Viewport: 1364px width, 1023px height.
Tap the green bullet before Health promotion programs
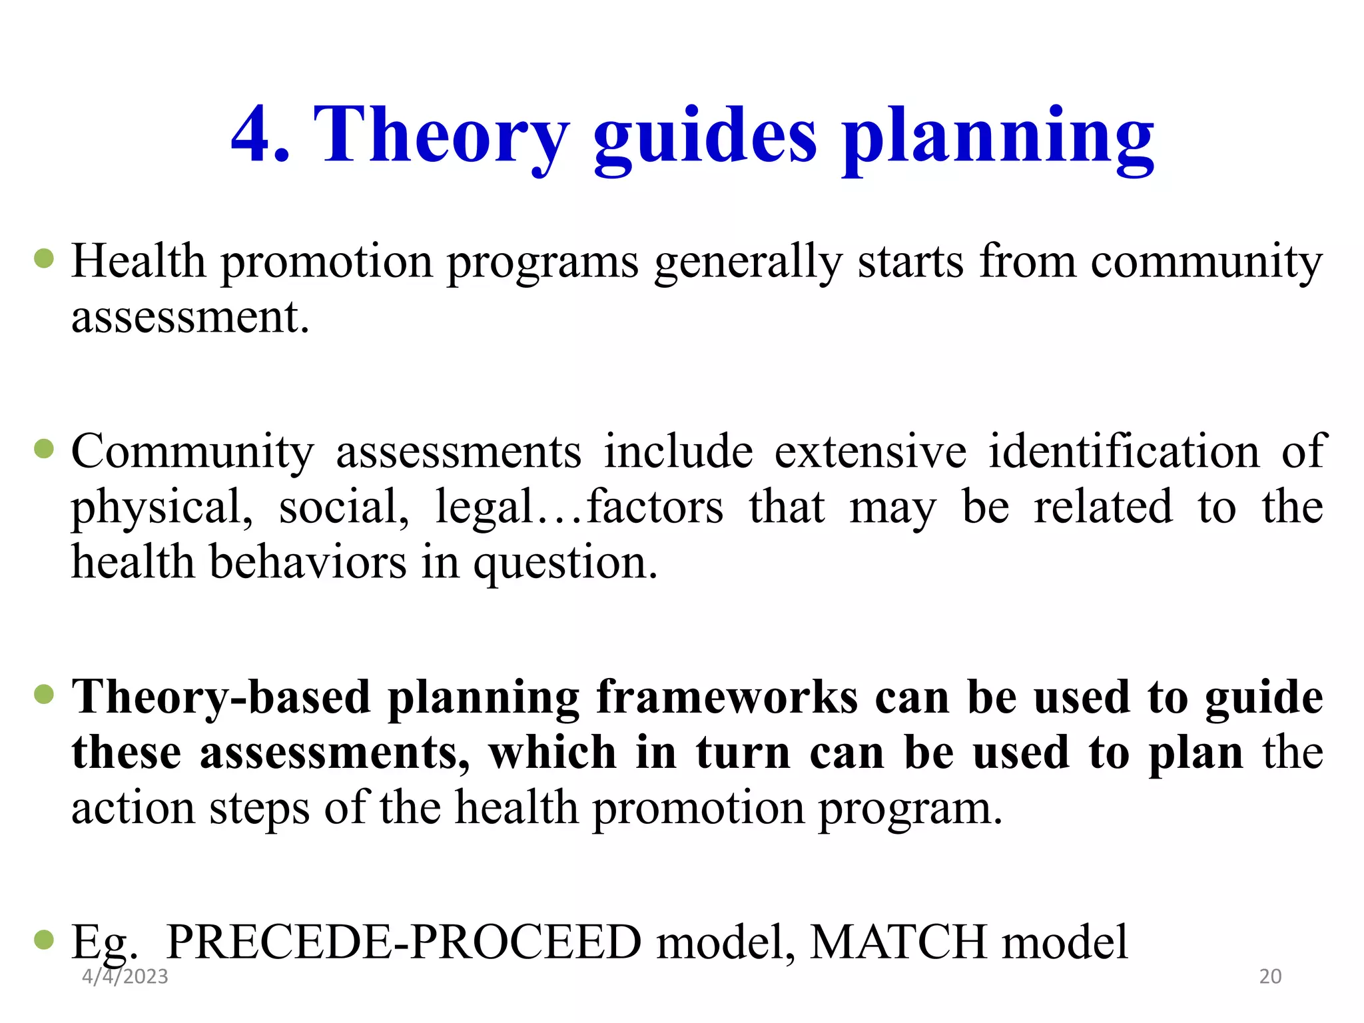pos(44,258)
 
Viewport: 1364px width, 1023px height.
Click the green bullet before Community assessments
pos(44,449)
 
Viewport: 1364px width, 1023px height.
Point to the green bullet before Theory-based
pos(44,695)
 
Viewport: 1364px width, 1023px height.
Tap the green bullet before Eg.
pos(44,940)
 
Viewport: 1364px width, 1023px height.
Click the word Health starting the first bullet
pos(139,261)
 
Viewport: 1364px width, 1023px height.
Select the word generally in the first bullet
pos(749,262)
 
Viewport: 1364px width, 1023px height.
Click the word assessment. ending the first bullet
pos(190,317)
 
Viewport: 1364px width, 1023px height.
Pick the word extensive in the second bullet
pos(870,452)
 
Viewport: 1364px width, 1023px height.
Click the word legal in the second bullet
pos(484,508)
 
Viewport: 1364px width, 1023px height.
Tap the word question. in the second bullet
pos(565,563)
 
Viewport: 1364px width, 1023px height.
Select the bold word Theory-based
pos(221,698)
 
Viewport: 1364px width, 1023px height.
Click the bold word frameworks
pos(727,698)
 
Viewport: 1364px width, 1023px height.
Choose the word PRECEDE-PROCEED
pos(404,942)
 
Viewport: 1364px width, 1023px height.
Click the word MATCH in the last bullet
pos(898,942)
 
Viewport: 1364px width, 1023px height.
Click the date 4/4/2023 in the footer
pos(125,976)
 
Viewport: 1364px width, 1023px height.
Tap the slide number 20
pos(1270,976)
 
